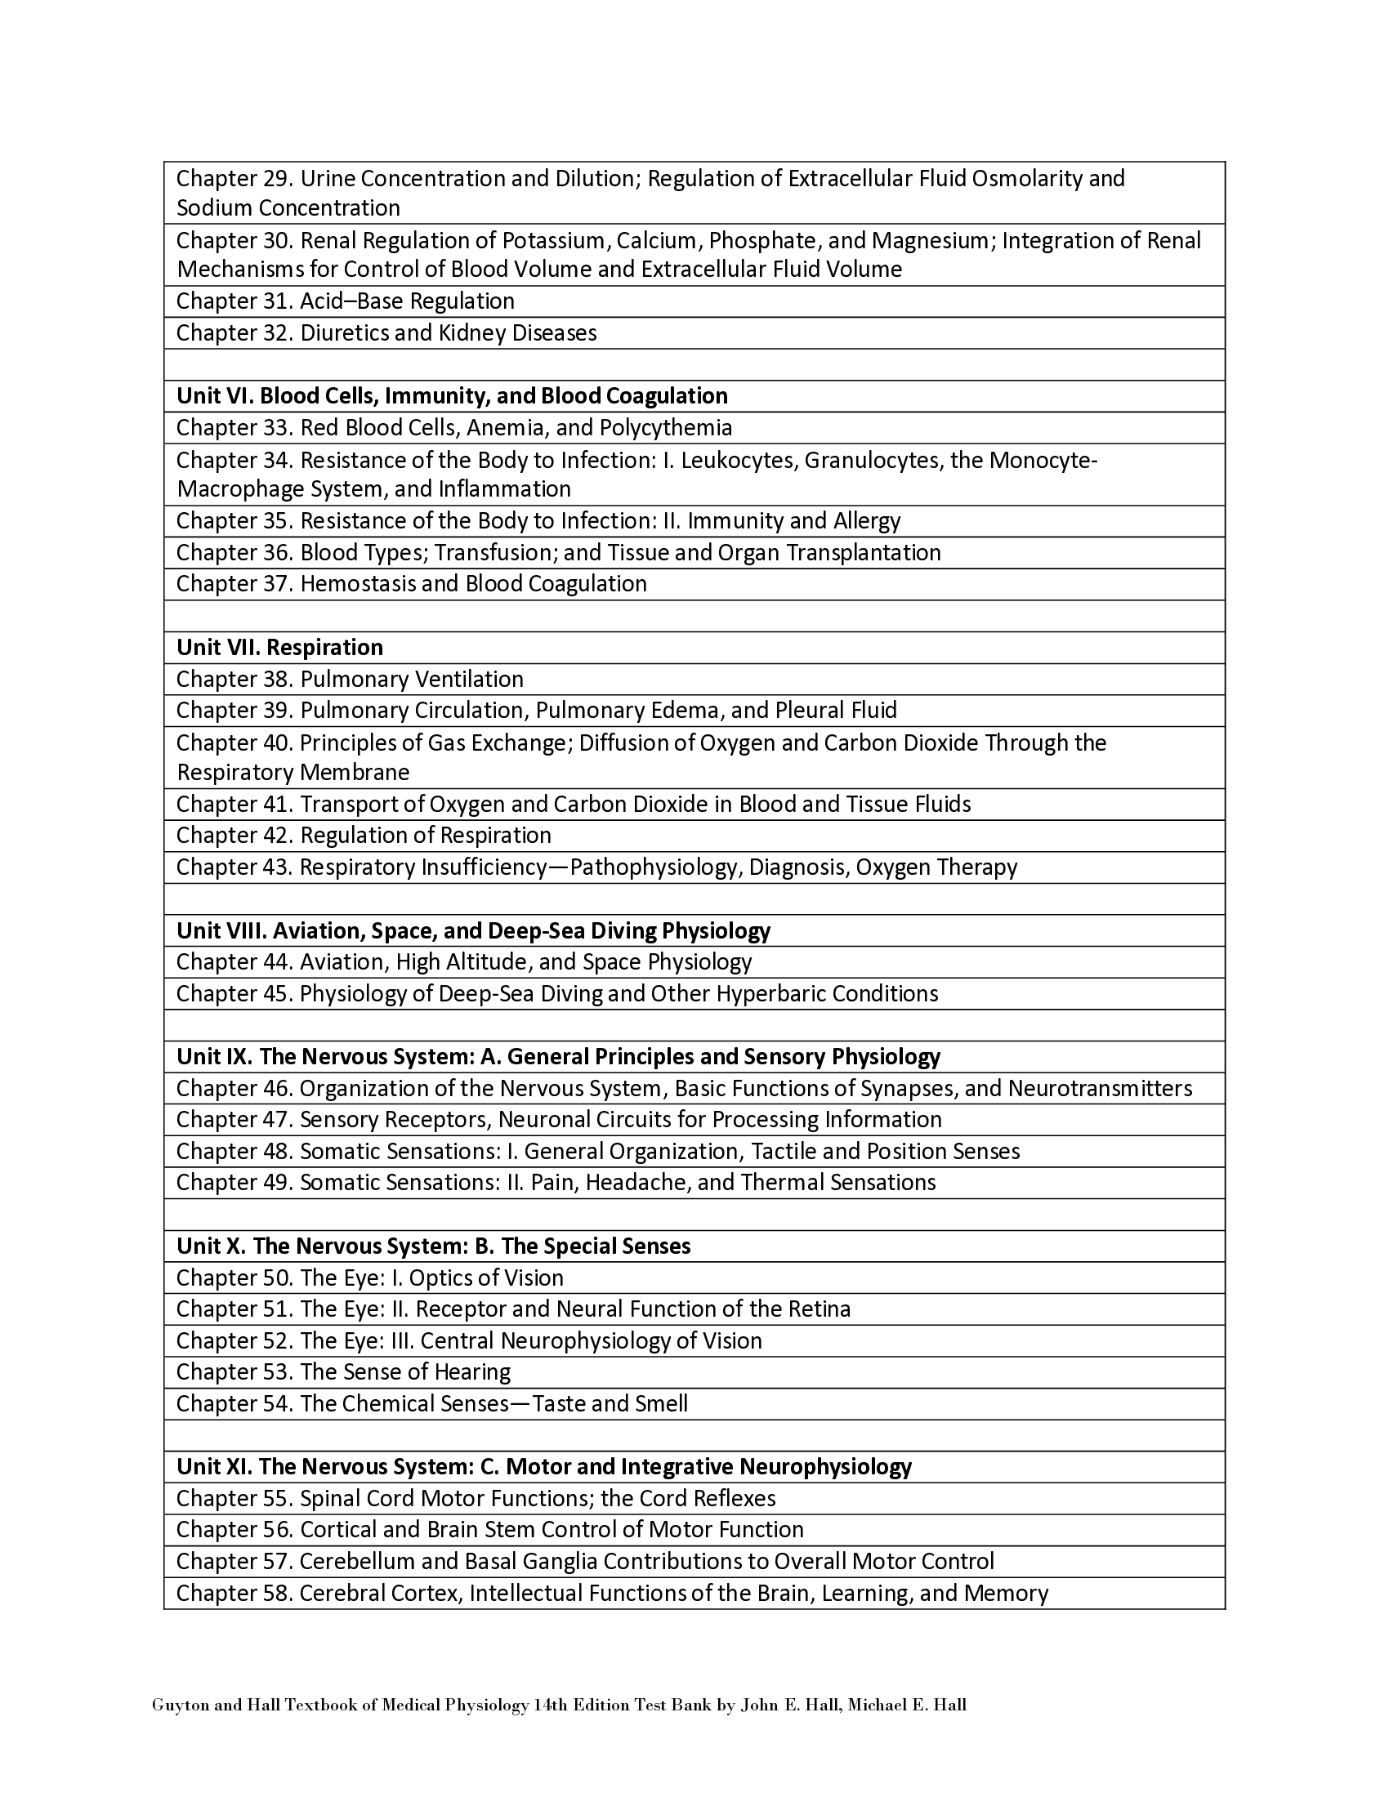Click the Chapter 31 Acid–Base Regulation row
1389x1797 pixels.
click(346, 301)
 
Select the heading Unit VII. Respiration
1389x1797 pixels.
click(279, 648)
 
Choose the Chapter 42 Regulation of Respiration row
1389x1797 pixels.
click(364, 836)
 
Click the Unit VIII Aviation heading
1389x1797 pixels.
click(473, 931)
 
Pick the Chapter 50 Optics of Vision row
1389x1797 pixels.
click(369, 1278)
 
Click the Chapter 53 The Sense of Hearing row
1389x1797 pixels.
click(343, 1372)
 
